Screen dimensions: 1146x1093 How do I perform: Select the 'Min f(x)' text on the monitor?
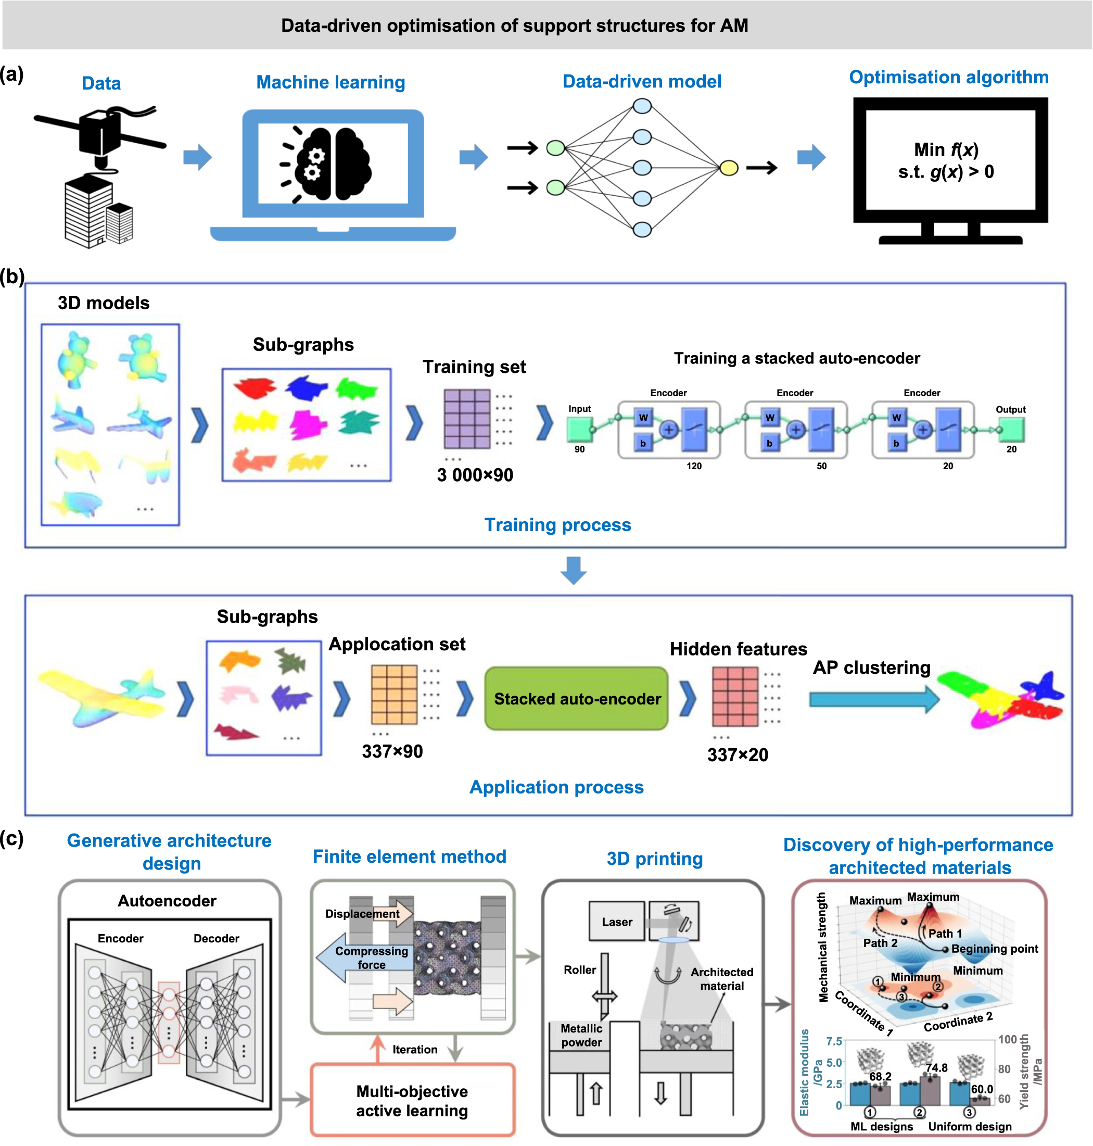pos(946,150)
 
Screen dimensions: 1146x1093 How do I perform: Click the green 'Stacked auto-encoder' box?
pos(576,698)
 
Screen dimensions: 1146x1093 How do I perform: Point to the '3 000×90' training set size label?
pos(475,475)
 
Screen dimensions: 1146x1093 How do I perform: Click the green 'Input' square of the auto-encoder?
pos(580,430)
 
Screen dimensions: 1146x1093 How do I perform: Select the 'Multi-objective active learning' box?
pos(413,1100)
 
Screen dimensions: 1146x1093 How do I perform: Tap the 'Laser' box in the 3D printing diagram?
pos(616,922)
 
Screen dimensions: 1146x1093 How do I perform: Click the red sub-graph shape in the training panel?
pos(255,387)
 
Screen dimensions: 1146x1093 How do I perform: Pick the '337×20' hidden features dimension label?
pos(737,755)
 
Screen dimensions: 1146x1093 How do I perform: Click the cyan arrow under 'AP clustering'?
pos(874,699)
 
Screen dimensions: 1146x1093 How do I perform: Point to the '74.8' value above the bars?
pos(936,1067)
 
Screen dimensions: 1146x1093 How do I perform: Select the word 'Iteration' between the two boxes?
pos(415,1049)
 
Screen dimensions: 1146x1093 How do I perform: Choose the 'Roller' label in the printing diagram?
pos(579,969)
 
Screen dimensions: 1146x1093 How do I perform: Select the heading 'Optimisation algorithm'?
pos(948,77)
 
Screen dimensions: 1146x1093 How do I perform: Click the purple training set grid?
pos(467,419)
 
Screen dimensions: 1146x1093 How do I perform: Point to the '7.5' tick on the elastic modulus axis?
pos(834,1041)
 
